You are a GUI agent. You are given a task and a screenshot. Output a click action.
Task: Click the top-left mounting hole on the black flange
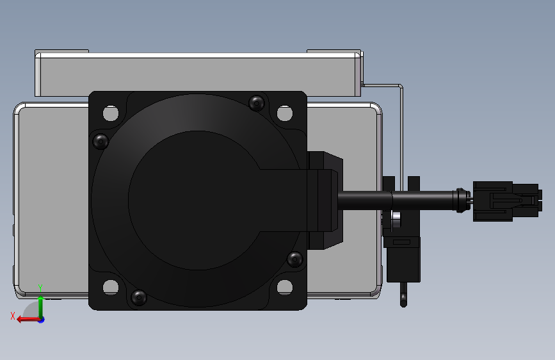click(x=111, y=114)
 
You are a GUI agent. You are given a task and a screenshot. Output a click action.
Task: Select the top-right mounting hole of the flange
click(x=284, y=114)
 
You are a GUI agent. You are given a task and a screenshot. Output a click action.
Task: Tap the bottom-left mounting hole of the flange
click(x=111, y=287)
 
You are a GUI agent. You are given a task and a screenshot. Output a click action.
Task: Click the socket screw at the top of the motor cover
click(x=257, y=102)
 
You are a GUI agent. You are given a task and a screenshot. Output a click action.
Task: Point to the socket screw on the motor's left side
click(x=101, y=141)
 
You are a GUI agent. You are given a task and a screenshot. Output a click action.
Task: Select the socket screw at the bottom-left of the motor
click(x=138, y=297)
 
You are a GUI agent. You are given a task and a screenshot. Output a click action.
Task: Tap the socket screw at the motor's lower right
click(x=294, y=259)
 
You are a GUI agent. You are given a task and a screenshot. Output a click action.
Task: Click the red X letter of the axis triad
click(x=12, y=315)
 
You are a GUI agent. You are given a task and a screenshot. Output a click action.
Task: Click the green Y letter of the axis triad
click(x=40, y=287)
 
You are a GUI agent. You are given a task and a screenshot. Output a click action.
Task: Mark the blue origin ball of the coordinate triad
click(x=41, y=319)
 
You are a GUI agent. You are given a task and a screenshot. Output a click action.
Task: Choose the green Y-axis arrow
click(x=41, y=304)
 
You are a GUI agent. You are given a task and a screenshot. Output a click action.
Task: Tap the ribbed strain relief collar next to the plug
click(x=459, y=200)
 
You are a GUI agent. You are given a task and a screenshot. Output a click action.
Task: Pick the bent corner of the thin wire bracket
click(x=401, y=86)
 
